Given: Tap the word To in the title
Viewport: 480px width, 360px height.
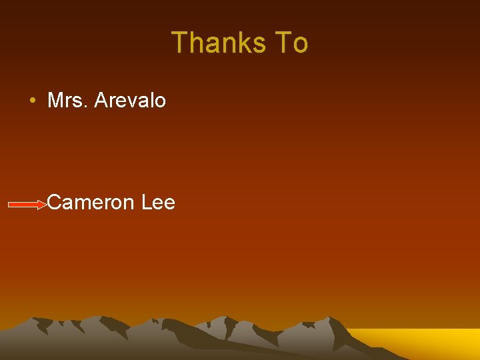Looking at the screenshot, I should (291, 43).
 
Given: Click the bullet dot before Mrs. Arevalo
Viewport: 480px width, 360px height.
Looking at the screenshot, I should (32, 101).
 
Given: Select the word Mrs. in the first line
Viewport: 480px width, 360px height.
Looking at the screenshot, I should (68, 101).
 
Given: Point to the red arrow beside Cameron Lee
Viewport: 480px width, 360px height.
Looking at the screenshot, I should (27, 205).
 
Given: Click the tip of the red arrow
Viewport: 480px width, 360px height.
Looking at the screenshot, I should (47, 205).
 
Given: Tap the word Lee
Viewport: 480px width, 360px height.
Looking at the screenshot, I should (159, 202).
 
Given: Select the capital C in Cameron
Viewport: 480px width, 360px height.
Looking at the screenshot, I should (55, 202).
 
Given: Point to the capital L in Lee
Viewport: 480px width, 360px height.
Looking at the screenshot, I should (147, 202).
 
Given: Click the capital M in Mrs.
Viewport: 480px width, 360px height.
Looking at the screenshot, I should (55, 101).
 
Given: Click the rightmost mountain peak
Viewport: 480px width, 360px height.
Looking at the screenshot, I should (330, 319).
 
